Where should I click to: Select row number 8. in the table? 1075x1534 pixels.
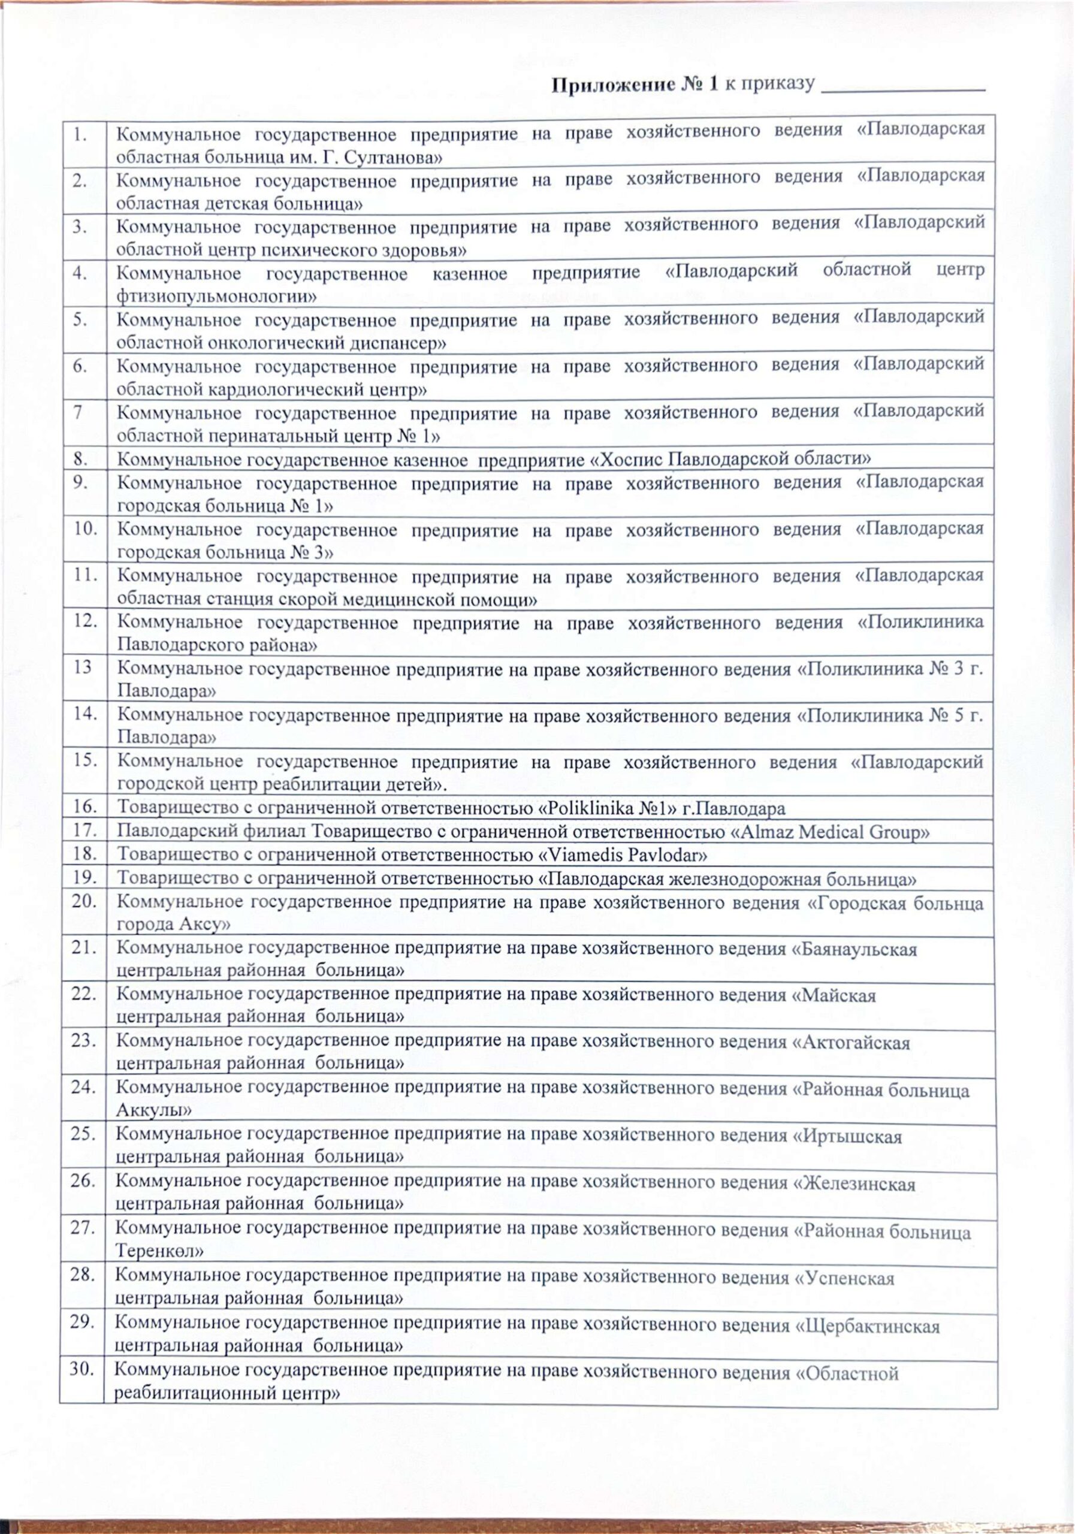pos(81,459)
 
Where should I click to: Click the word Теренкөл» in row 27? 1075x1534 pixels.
pos(159,1251)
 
